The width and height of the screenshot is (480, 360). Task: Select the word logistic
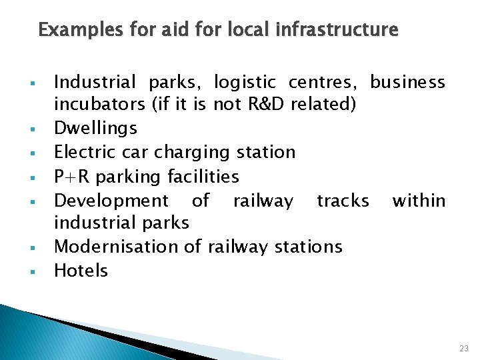(x=245, y=82)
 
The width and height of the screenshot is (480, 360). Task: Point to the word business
(x=407, y=82)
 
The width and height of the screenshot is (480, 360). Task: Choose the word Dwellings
(x=95, y=127)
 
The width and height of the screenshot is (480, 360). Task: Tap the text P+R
(x=69, y=177)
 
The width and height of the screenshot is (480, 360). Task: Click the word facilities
(x=203, y=177)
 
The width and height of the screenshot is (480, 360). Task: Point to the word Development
(x=111, y=200)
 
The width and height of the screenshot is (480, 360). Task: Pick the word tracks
(x=343, y=200)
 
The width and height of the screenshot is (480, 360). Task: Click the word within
(x=419, y=200)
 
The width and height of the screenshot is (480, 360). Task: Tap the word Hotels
(x=81, y=271)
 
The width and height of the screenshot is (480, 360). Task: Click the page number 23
(x=464, y=348)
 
